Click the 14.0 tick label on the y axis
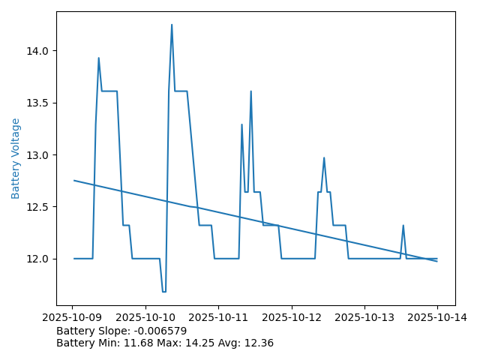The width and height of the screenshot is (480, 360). [38, 51]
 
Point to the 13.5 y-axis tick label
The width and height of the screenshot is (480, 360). [38, 103]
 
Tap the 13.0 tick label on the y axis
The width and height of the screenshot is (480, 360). [38, 155]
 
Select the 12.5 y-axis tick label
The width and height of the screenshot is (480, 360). [38, 207]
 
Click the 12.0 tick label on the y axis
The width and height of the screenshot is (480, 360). [38, 259]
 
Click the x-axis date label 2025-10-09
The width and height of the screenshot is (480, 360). [73, 317]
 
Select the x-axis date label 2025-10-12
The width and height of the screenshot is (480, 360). [292, 317]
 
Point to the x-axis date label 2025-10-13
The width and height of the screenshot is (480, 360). [364, 317]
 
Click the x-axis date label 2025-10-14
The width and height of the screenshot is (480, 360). [437, 317]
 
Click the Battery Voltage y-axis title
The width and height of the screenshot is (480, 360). [16, 158]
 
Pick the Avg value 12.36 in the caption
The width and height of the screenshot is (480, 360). [258, 343]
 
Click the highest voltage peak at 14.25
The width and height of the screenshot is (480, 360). [172, 25]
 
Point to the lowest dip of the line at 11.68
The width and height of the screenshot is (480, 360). [163, 292]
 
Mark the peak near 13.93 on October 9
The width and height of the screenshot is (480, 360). [98, 58]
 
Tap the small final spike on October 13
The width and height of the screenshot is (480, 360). [403, 225]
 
